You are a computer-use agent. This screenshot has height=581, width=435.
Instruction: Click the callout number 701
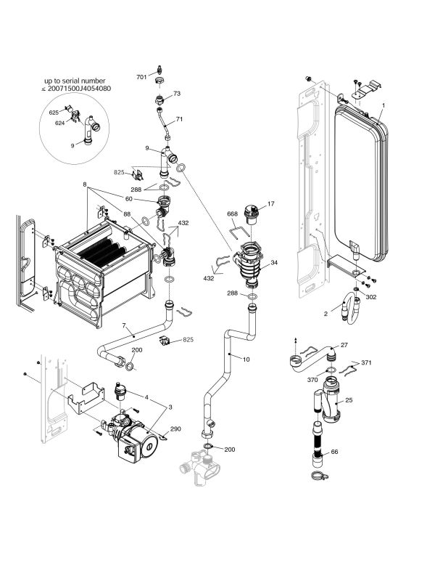(143, 76)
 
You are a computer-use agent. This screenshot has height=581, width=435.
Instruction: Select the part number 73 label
(176, 94)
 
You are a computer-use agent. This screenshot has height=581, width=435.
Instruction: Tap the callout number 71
(179, 119)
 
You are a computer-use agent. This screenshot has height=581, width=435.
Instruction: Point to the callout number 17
(271, 204)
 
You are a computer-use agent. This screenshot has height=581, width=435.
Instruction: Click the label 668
(232, 214)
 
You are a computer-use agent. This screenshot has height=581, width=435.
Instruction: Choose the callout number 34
(274, 262)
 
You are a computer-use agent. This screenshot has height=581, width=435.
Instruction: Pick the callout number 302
(370, 297)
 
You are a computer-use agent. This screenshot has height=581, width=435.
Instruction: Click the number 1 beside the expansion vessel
(383, 106)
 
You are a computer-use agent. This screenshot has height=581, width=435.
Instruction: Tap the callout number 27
(344, 346)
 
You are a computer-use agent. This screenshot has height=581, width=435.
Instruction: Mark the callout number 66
(334, 452)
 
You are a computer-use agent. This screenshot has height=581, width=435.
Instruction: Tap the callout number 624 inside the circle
(60, 123)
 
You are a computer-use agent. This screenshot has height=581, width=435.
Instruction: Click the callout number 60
(128, 198)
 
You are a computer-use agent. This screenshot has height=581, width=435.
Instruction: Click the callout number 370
(312, 380)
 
